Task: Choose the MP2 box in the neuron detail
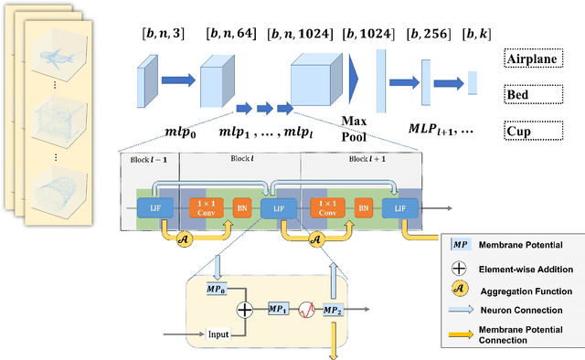pos(333,311)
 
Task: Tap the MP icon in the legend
pos(463,246)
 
